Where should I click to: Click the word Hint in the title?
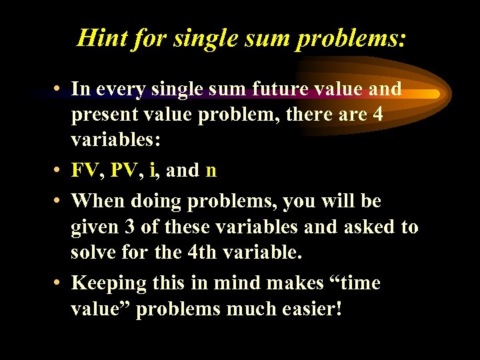tap(99, 37)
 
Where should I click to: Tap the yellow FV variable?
tap(86, 171)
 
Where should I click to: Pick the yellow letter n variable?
tap(211, 171)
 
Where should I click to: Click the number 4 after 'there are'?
tap(378, 115)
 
